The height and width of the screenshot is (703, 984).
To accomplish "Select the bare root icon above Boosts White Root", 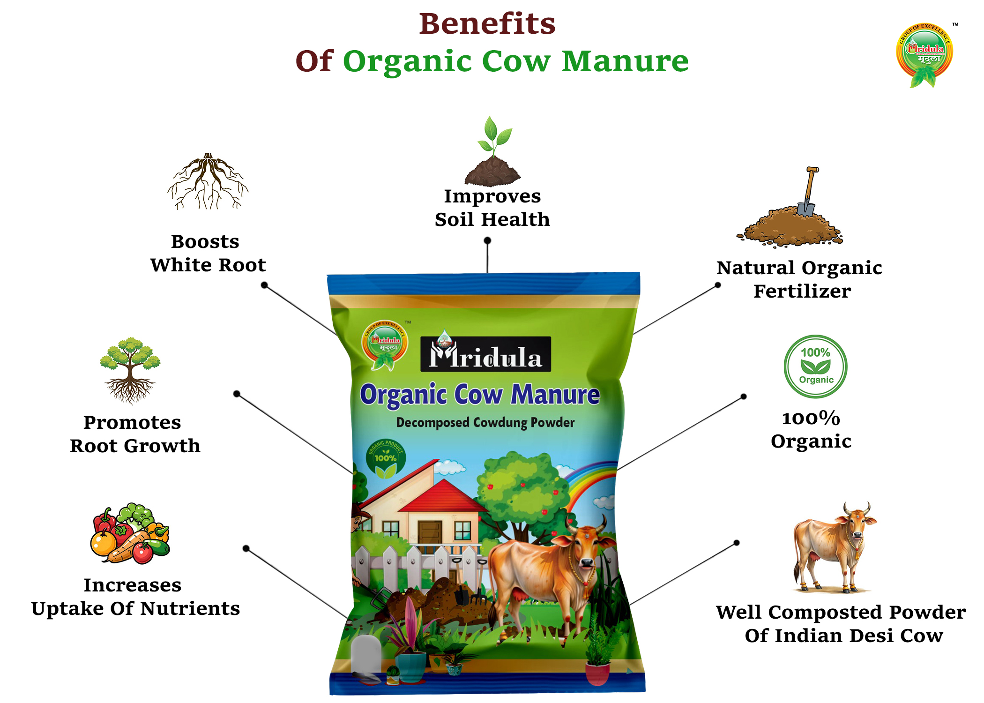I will click(208, 181).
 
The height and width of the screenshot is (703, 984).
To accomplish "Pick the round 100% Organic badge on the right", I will click(815, 366).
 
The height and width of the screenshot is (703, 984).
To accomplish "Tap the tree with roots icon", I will click(130, 370).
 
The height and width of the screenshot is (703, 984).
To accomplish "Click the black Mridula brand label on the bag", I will click(485, 355).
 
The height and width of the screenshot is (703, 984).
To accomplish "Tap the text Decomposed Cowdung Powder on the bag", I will click(485, 423).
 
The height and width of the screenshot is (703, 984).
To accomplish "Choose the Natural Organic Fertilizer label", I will click(800, 279).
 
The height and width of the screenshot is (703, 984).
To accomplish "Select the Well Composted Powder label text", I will click(841, 623).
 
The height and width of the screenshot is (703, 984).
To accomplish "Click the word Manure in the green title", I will click(625, 61).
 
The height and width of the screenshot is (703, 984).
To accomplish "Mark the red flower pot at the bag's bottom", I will click(597, 673).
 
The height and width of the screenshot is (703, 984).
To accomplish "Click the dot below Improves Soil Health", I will click(487, 240).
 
